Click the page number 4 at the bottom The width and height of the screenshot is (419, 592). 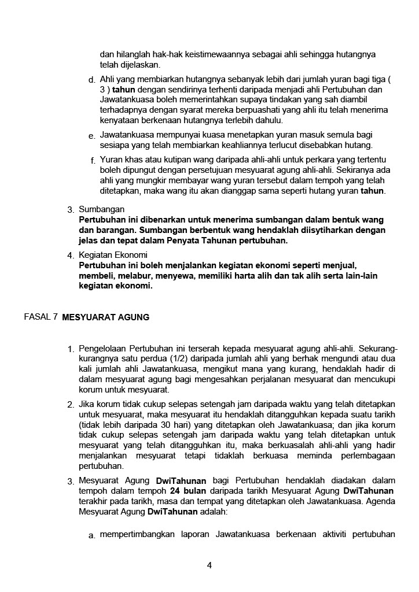pos(209,565)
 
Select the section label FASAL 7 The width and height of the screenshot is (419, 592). pos(41,316)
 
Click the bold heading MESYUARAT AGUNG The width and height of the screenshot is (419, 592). pos(105,317)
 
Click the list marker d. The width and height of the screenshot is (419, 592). pos(92,79)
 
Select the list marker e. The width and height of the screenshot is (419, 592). pos(92,135)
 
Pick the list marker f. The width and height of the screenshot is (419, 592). pos(93,160)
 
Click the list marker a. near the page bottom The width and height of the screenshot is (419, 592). pos(92,535)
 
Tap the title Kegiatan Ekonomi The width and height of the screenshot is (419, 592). pos(113,255)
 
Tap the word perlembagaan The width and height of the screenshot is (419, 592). pos(368,456)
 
